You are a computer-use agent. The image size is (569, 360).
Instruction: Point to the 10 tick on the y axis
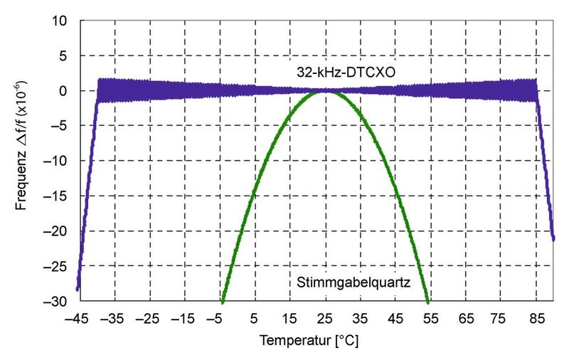click(x=60, y=21)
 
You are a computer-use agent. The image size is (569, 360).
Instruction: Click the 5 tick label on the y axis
click(x=63, y=55)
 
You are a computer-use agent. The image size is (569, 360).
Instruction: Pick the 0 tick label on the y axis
click(x=63, y=91)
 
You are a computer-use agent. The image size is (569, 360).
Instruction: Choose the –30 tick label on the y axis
click(x=57, y=302)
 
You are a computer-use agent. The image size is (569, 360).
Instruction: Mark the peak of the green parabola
click(x=325, y=91)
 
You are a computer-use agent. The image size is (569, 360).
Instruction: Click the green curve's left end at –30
click(x=223, y=301)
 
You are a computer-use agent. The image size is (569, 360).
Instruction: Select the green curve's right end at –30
click(x=427, y=301)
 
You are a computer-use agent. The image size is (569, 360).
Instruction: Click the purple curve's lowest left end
click(x=78, y=289)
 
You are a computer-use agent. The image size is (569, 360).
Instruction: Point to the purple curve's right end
click(x=553, y=239)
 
